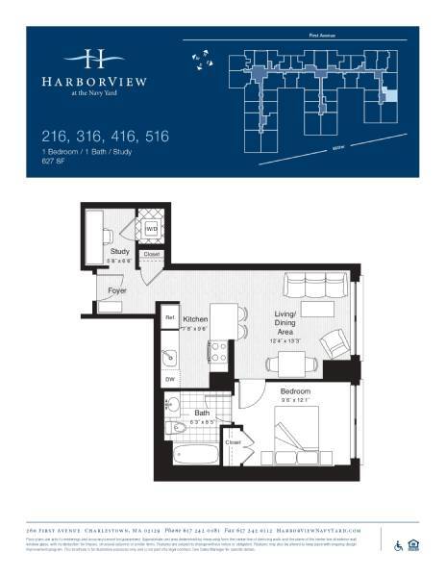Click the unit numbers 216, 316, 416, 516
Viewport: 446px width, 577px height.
(x=105, y=137)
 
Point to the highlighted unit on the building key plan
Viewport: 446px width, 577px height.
(x=389, y=96)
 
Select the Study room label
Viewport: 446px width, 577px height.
(x=120, y=252)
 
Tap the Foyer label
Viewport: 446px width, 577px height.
(x=118, y=288)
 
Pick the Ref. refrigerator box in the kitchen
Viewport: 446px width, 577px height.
(x=169, y=316)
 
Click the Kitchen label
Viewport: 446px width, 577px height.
(x=197, y=318)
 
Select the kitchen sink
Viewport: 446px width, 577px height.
(x=169, y=359)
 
